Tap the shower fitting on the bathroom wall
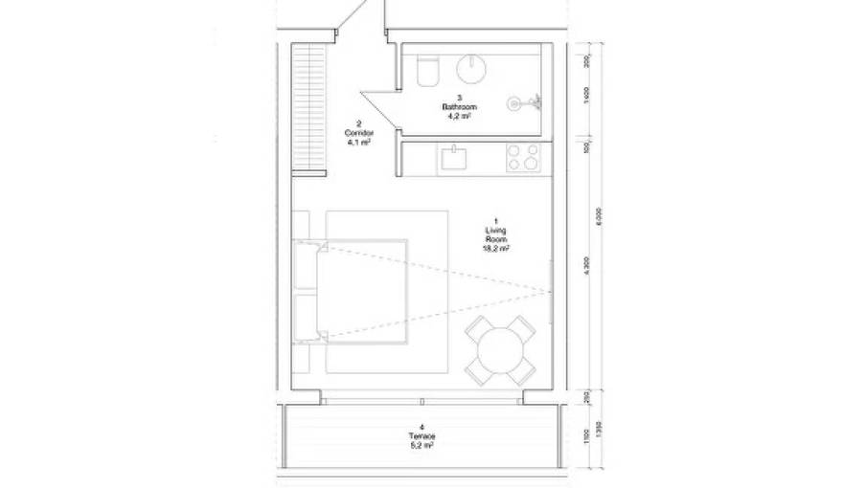pyautogui.click(x=522, y=99)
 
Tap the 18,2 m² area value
pyautogui.click(x=495, y=247)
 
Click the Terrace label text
pyautogui.click(x=421, y=436)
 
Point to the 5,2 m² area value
pyautogui.click(x=421, y=445)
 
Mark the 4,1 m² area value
pyautogui.click(x=358, y=142)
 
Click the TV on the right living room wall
pyautogui.click(x=549, y=291)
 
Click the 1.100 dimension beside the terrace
pyautogui.click(x=584, y=436)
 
